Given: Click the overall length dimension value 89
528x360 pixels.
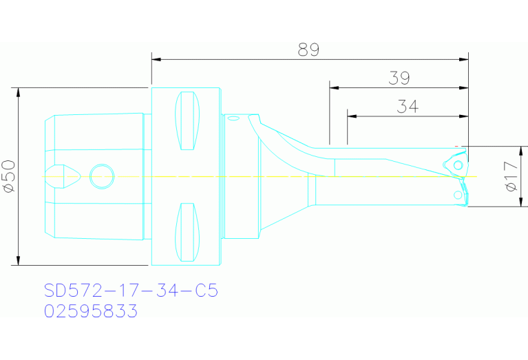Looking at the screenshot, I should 308,50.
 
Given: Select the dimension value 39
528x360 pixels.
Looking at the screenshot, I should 399,78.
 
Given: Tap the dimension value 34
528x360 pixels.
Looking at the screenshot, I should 408,107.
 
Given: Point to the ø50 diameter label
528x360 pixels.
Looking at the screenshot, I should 9,176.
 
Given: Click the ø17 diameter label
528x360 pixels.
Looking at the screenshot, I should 511,176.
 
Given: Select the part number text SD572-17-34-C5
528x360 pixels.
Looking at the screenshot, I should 131,291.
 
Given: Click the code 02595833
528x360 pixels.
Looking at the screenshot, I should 91,312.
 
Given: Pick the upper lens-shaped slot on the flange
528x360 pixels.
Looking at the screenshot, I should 187,121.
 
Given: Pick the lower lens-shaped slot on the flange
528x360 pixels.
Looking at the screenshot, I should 187,232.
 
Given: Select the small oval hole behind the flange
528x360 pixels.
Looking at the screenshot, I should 233,119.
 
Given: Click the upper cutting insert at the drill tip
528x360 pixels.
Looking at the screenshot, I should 456,164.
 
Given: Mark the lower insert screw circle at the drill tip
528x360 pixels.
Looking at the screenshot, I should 458,196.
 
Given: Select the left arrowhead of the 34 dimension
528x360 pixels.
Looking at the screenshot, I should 351,116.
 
